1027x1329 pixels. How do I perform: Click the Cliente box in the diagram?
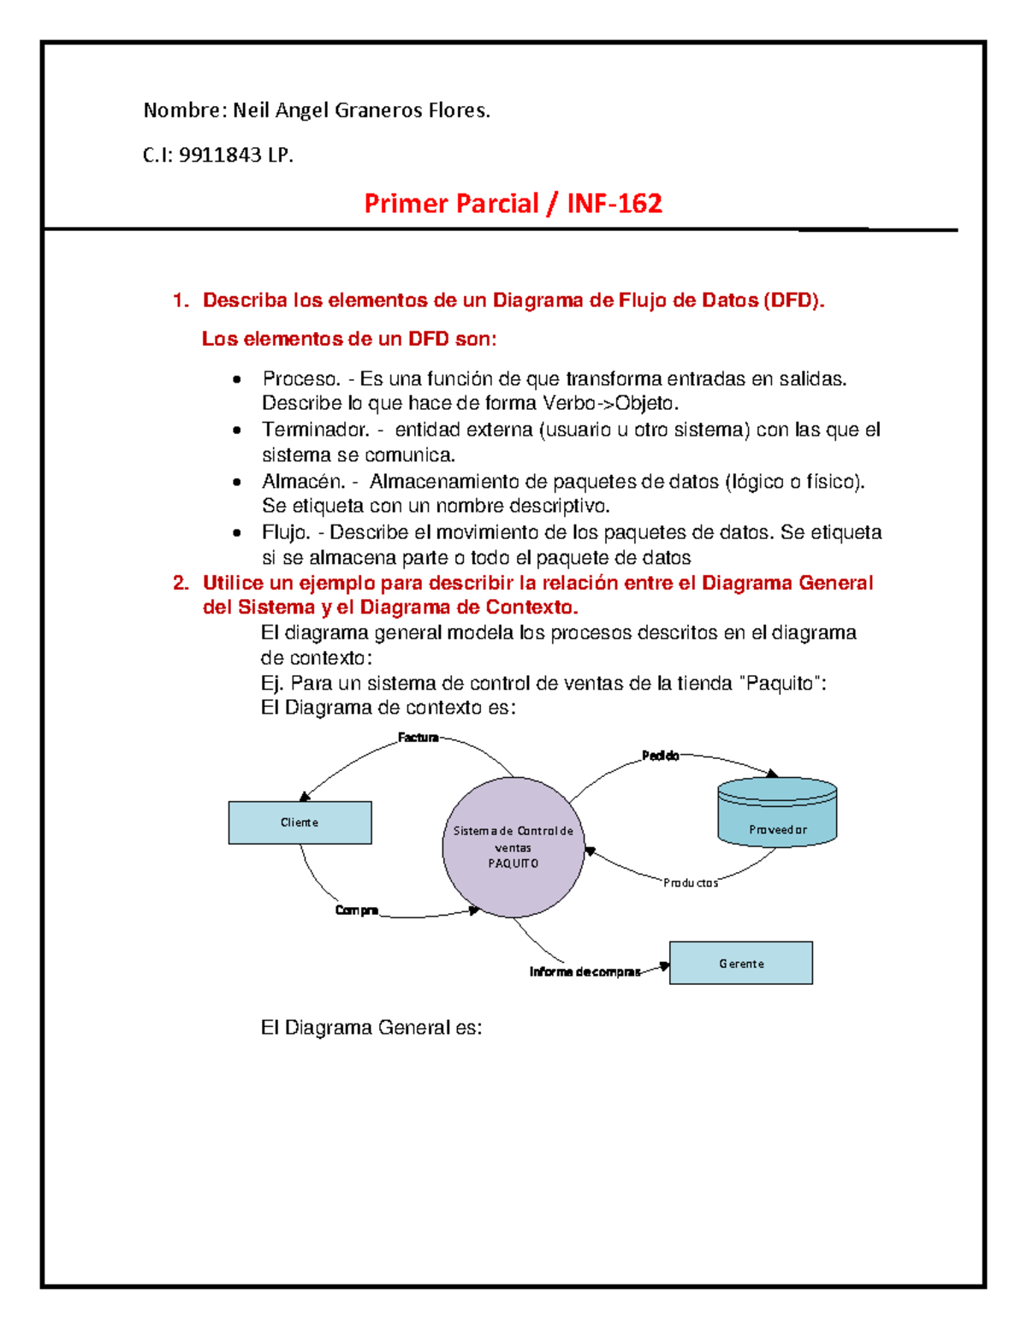point(300,822)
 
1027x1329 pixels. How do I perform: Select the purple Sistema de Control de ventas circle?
point(513,846)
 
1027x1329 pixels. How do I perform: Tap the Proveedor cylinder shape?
point(777,813)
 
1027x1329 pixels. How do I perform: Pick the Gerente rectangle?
point(741,964)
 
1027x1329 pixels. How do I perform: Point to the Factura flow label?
point(419,738)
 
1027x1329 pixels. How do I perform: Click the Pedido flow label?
point(661,756)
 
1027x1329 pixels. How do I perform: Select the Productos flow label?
point(691,882)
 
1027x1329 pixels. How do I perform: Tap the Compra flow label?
point(357,911)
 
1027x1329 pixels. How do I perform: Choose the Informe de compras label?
point(585,972)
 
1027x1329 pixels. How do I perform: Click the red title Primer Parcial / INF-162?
point(513,204)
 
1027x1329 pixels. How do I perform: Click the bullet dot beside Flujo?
point(237,533)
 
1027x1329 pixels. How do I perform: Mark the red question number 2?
point(180,584)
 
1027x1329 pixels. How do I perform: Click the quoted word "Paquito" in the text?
point(782,684)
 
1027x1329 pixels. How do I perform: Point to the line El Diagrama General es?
point(371,1028)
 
